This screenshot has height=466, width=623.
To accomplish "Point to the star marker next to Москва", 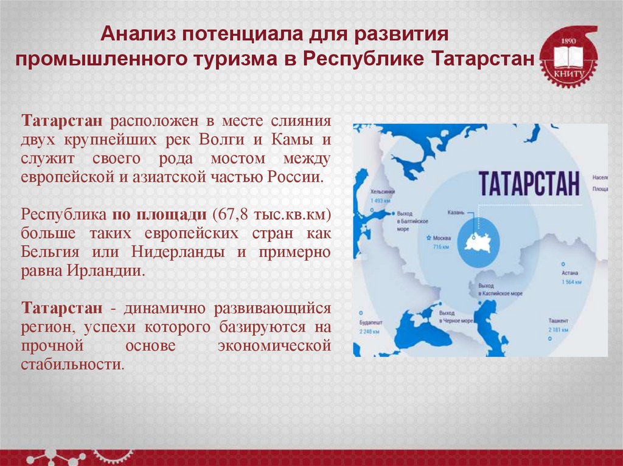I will [430, 238].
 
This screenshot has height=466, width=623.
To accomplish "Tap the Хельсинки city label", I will [382, 191].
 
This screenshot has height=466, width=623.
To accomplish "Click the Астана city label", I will [570, 274].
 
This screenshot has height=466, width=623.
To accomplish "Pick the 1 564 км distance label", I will [571, 283].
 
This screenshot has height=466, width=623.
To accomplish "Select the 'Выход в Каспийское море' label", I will [500, 289].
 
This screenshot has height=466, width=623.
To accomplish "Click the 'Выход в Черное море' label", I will [456, 316].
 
